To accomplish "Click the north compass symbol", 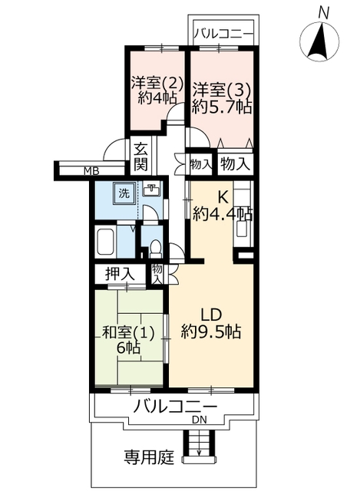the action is coord(319,41).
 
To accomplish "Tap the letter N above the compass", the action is coord(324,13).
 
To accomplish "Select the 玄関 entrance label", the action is coord(141,157).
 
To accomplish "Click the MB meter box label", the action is coord(91,171).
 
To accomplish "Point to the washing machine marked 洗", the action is coord(124,193).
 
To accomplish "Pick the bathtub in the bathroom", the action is coord(106,242).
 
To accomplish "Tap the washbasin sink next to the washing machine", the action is coord(152,189).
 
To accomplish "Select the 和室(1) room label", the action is coord(128,334).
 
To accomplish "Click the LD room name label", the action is coord(211,315).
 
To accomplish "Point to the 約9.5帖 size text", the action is coord(211,332).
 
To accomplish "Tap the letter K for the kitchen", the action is coord(223,197).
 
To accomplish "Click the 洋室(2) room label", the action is coord(157,83).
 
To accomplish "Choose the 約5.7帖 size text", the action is coord(222,107).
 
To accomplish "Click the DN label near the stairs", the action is coord(200,420).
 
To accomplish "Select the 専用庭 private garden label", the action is coord(149,457).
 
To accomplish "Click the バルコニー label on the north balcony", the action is coord(223,33).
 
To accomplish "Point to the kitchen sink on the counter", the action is coord(243,229).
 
